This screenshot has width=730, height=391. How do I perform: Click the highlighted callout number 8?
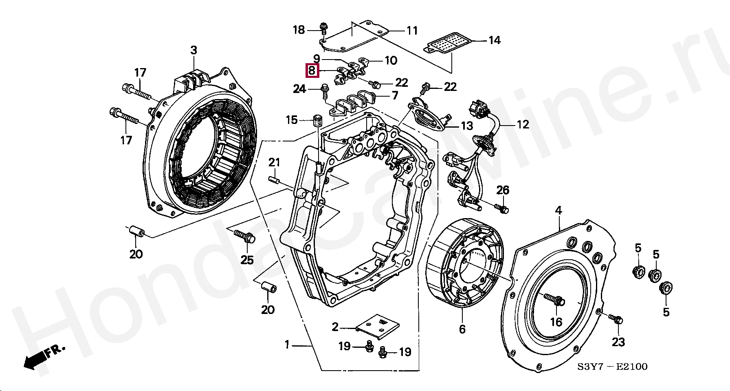click(x=312, y=71)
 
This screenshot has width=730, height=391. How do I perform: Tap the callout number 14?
click(x=494, y=40)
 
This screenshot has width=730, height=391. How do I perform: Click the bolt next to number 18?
click(x=323, y=29)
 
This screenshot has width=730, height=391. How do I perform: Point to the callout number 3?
click(x=193, y=51)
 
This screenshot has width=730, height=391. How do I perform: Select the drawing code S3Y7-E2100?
click(x=611, y=367)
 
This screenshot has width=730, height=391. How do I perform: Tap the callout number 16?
click(x=556, y=322)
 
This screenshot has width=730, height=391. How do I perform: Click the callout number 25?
click(x=247, y=260)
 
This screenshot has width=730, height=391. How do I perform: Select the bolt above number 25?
click(x=244, y=236)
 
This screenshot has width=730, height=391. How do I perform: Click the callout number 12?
click(x=523, y=124)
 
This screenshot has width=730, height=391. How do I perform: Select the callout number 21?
click(x=274, y=162)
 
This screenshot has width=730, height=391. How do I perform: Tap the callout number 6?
click(x=462, y=329)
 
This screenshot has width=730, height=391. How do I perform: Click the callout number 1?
click(x=287, y=345)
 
